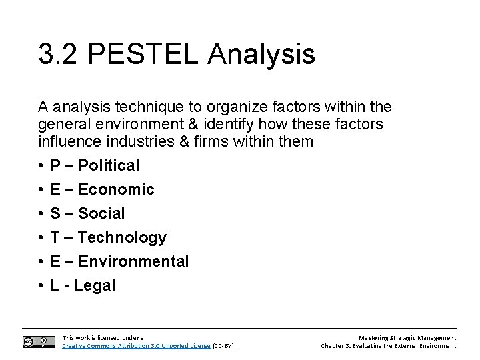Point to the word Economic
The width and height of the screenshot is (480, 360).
(x=116, y=189)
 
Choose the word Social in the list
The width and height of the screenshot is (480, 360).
(x=101, y=213)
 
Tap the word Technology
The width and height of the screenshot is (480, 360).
(x=122, y=237)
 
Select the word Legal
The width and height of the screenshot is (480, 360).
(x=95, y=285)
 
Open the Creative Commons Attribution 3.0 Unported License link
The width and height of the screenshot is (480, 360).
(x=137, y=346)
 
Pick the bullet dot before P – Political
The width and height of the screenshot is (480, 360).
(x=41, y=166)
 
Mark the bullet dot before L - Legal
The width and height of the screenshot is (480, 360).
(x=41, y=286)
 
